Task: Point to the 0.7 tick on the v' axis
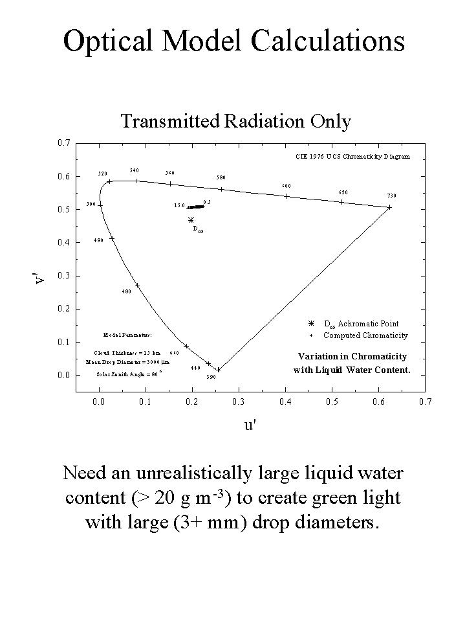(63, 142)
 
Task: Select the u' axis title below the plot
(250, 426)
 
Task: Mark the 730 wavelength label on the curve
(391, 196)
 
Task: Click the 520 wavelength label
(103, 174)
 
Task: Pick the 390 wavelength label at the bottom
(211, 377)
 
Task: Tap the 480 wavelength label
(127, 291)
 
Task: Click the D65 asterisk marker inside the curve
(191, 220)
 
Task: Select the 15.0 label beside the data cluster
(179, 205)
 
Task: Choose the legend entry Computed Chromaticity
(365, 335)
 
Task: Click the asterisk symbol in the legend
(311, 323)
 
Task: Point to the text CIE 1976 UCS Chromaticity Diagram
(352, 156)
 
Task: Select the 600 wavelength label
(287, 186)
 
